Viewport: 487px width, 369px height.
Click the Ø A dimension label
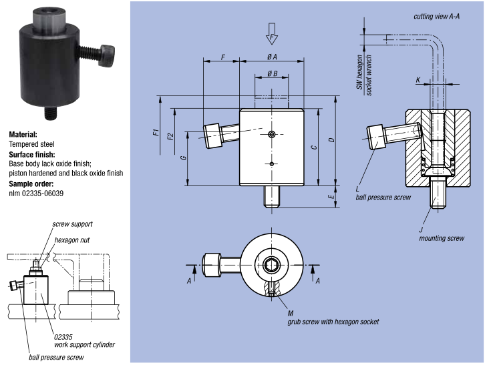click(272, 57)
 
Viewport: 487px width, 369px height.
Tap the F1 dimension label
click(154, 131)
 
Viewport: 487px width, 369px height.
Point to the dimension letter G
click(182, 158)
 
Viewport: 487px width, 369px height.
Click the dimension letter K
click(419, 80)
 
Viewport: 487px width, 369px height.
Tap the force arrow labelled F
click(271, 31)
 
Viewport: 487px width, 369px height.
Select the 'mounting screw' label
click(440, 238)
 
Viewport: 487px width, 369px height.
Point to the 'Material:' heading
click(23, 134)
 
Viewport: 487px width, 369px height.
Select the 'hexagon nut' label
click(71, 240)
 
